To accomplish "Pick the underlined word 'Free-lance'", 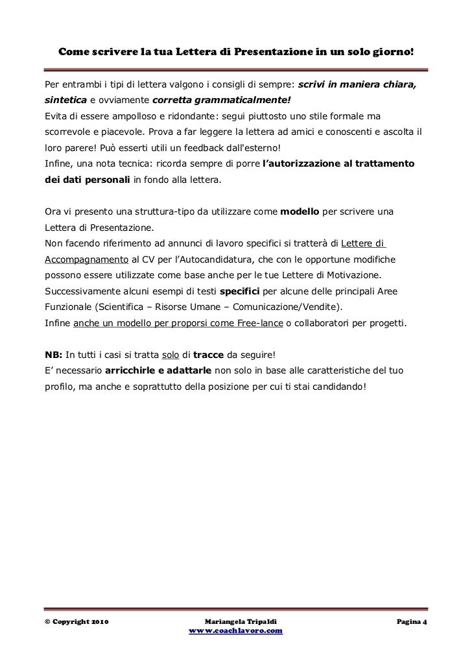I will point(257,322).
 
